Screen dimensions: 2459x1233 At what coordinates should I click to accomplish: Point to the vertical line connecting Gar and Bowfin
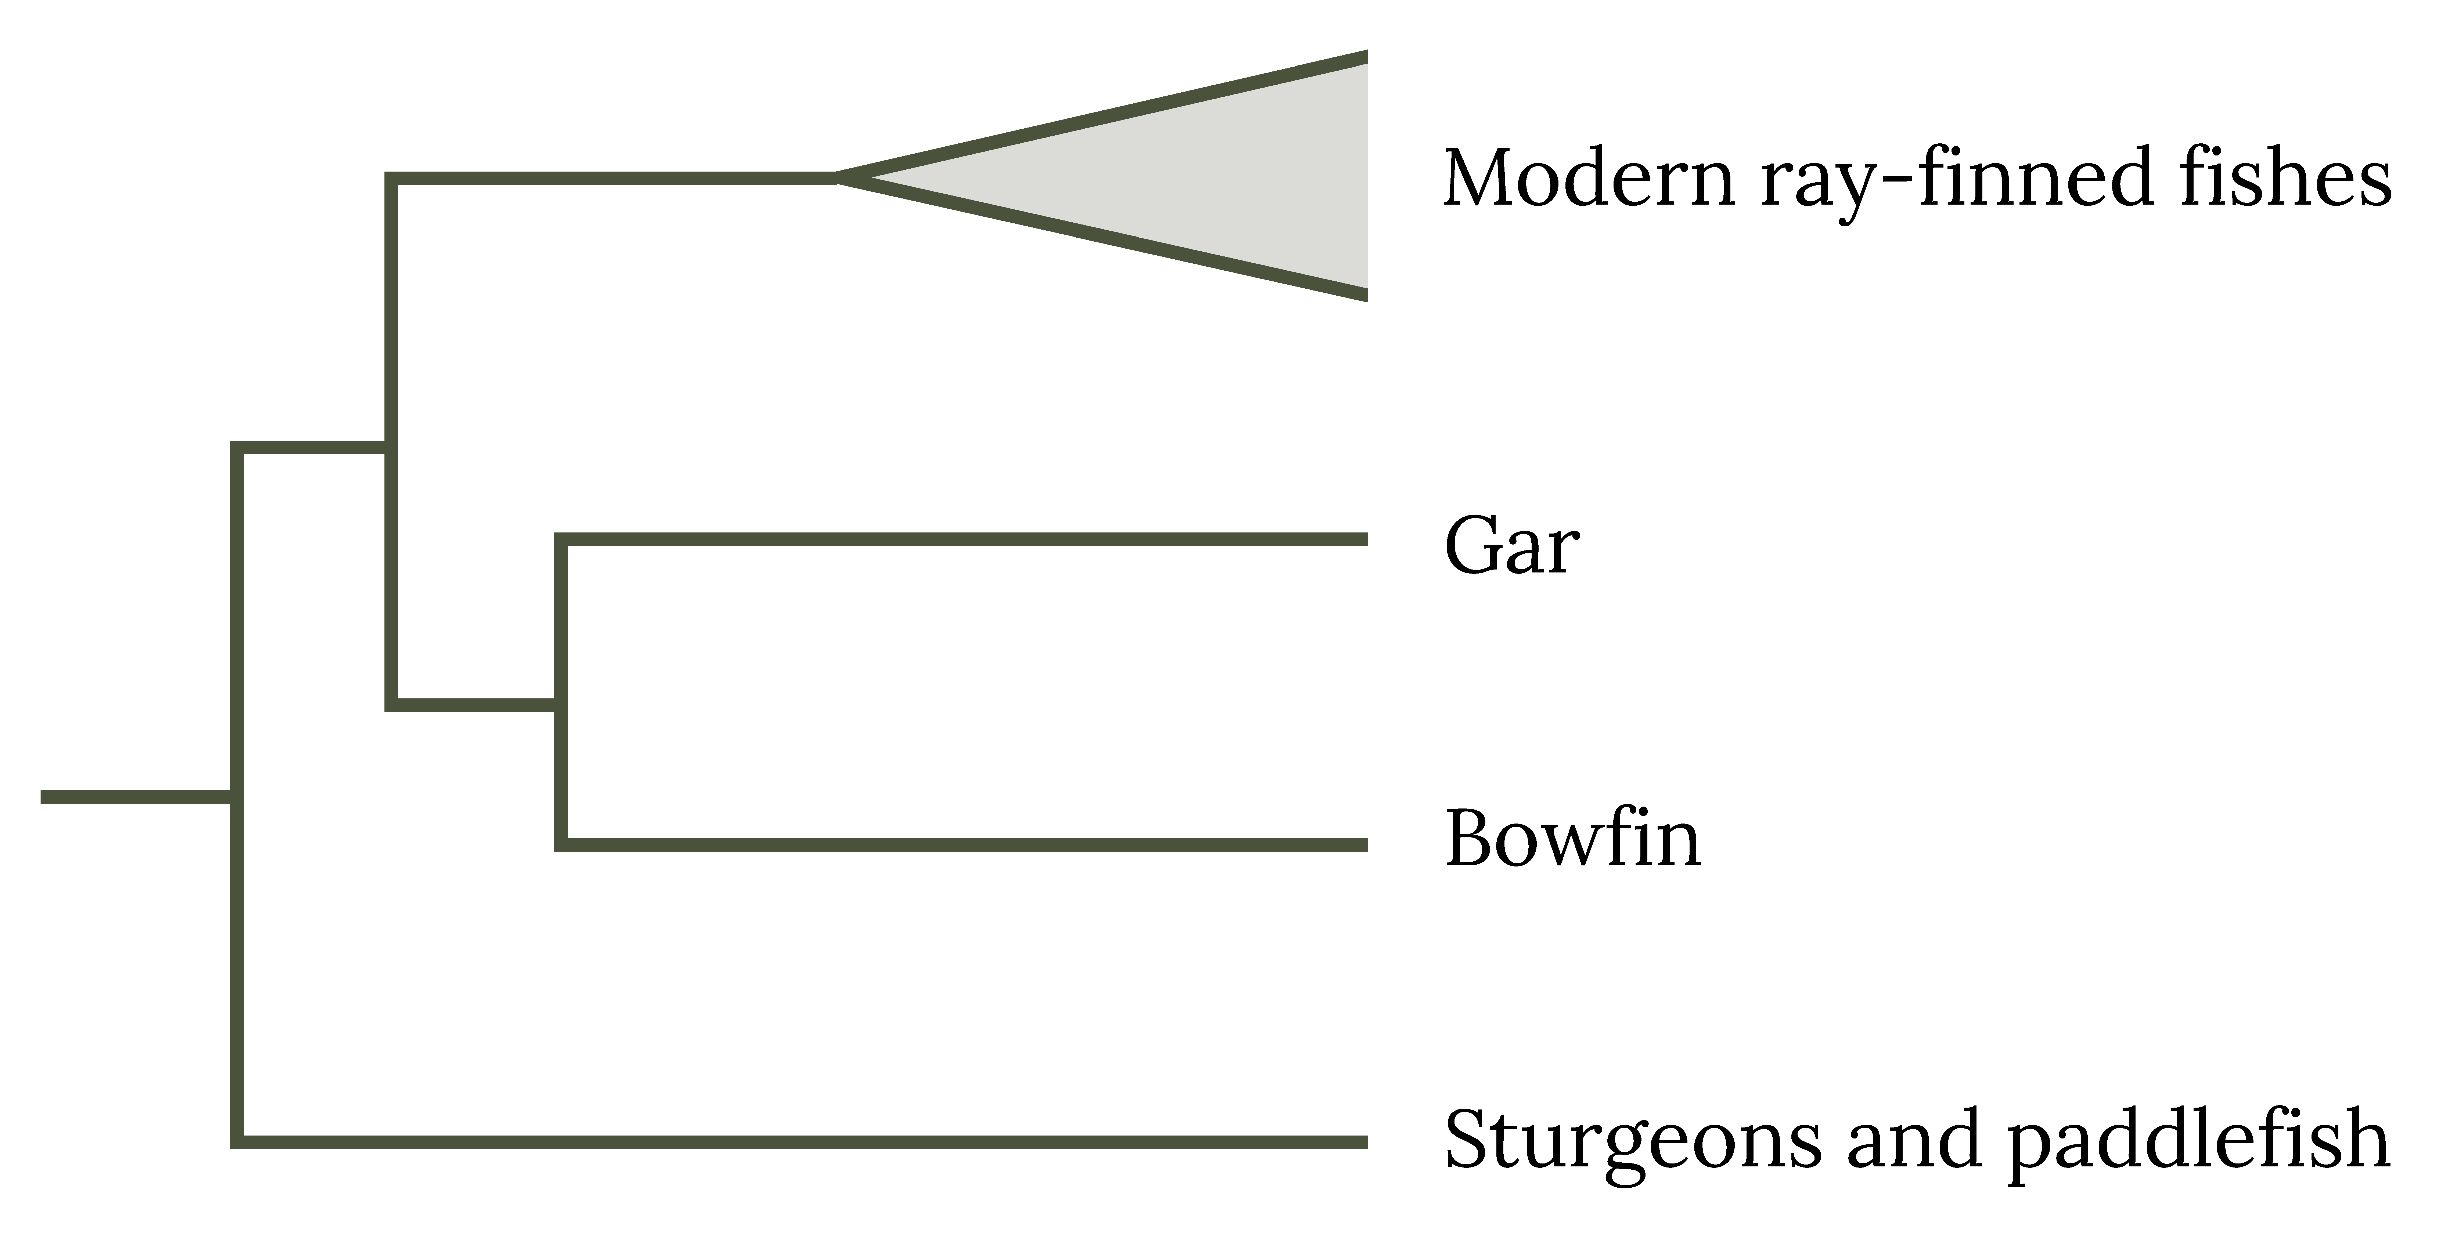pyautogui.click(x=561, y=692)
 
